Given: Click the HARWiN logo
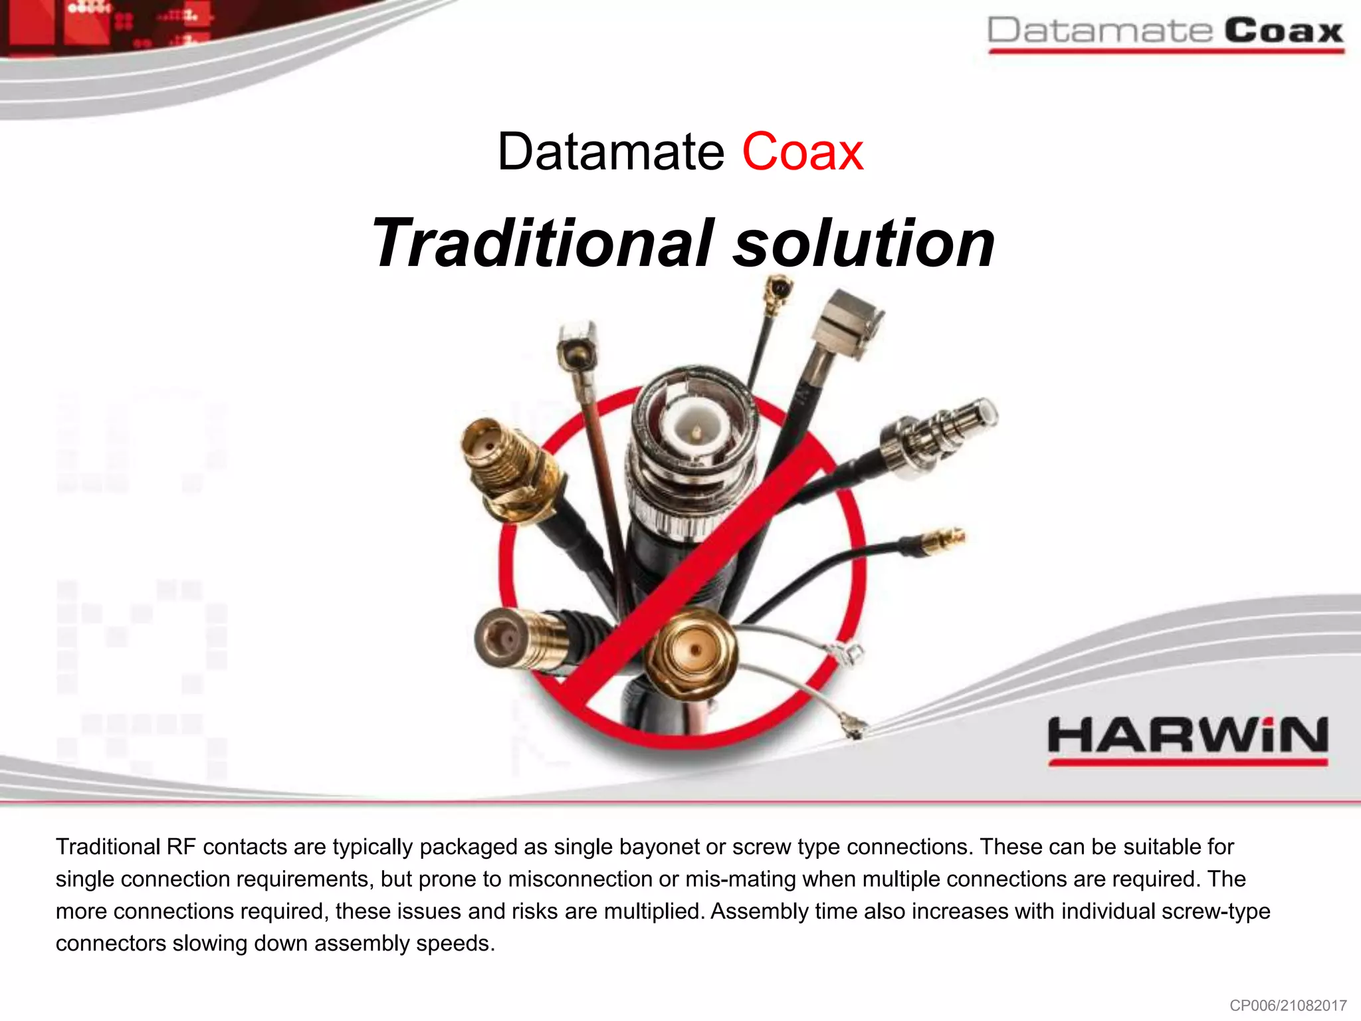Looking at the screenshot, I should coord(1188,738).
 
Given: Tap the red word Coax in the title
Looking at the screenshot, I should coord(802,152).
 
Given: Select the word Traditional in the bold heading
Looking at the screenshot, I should coord(542,243).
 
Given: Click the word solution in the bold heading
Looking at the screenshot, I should coord(863,243).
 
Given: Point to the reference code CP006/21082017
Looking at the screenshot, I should coord(1287,1005).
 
